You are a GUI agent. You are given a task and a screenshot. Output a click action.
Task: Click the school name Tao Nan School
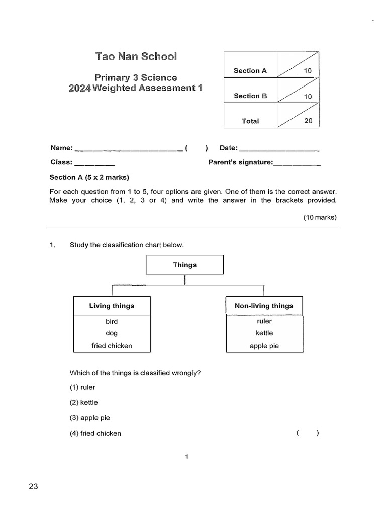(x=136, y=56)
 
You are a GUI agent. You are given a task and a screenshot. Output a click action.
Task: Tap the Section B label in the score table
(x=250, y=96)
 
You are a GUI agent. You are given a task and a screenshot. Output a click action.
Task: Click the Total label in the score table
(x=250, y=121)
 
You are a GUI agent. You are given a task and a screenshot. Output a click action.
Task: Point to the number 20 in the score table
(x=308, y=121)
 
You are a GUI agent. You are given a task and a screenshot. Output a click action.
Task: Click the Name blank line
(x=128, y=149)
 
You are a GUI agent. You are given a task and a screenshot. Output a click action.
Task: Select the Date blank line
(x=279, y=149)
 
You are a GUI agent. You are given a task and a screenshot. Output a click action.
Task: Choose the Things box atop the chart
(x=185, y=265)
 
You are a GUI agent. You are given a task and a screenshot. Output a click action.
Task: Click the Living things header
(x=112, y=306)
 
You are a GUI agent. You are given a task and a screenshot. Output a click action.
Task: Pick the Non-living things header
(x=264, y=306)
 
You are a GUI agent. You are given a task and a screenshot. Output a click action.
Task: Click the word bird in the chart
(x=112, y=321)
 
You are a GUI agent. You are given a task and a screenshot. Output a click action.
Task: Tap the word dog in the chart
(x=112, y=333)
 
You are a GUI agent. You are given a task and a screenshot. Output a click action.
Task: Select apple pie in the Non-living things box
(x=264, y=346)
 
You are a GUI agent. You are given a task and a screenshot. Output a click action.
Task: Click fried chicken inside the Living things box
(x=112, y=346)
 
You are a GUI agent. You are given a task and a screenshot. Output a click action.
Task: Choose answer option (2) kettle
(x=84, y=403)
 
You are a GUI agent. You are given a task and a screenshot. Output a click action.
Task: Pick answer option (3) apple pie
(x=89, y=418)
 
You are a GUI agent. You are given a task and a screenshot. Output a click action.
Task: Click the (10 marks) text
(x=320, y=217)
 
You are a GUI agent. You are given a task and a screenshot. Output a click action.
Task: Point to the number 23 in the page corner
(x=34, y=486)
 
